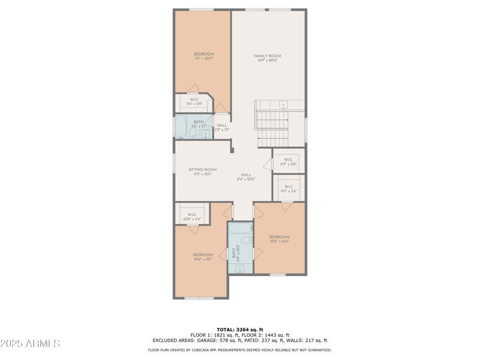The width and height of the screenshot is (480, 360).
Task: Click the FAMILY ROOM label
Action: (x=267, y=58)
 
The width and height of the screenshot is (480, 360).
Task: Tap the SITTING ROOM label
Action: (x=202, y=172)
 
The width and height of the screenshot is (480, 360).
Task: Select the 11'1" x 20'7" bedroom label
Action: (x=203, y=56)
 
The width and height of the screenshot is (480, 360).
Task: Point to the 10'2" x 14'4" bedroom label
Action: (x=279, y=239)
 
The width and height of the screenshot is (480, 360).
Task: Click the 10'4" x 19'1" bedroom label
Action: (x=203, y=257)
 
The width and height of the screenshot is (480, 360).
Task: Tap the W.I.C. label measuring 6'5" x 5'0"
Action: (x=289, y=161)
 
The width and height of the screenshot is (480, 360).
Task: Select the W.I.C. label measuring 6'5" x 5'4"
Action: (x=289, y=188)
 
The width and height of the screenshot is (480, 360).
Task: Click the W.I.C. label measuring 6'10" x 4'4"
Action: (x=192, y=217)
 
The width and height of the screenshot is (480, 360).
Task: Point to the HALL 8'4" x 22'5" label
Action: (x=246, y=177)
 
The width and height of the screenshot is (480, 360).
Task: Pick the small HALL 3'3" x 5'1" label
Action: (x=222, y=127)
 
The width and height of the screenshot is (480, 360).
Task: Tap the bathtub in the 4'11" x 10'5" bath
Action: (x=241, y=229)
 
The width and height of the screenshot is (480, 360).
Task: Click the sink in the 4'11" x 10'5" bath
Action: (x=241, y=268)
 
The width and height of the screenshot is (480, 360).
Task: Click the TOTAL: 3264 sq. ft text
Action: (x=239, y=329)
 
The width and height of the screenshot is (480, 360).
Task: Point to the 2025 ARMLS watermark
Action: (x=30, y=343)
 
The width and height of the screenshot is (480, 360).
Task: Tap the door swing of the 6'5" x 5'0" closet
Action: (x=268, y=164)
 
